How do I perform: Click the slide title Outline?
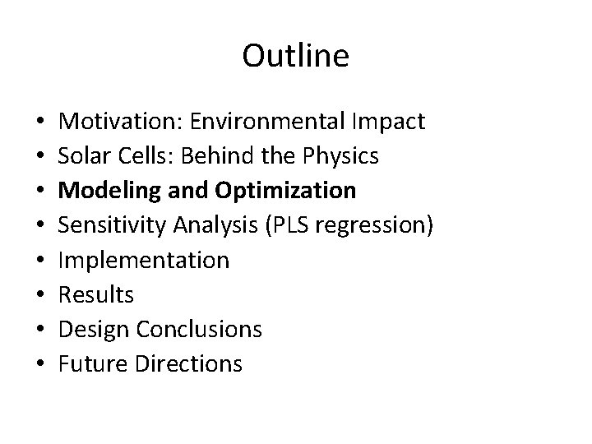296,56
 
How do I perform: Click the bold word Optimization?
286,191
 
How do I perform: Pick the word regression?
375,225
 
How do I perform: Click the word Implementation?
145,260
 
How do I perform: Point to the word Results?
97,294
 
